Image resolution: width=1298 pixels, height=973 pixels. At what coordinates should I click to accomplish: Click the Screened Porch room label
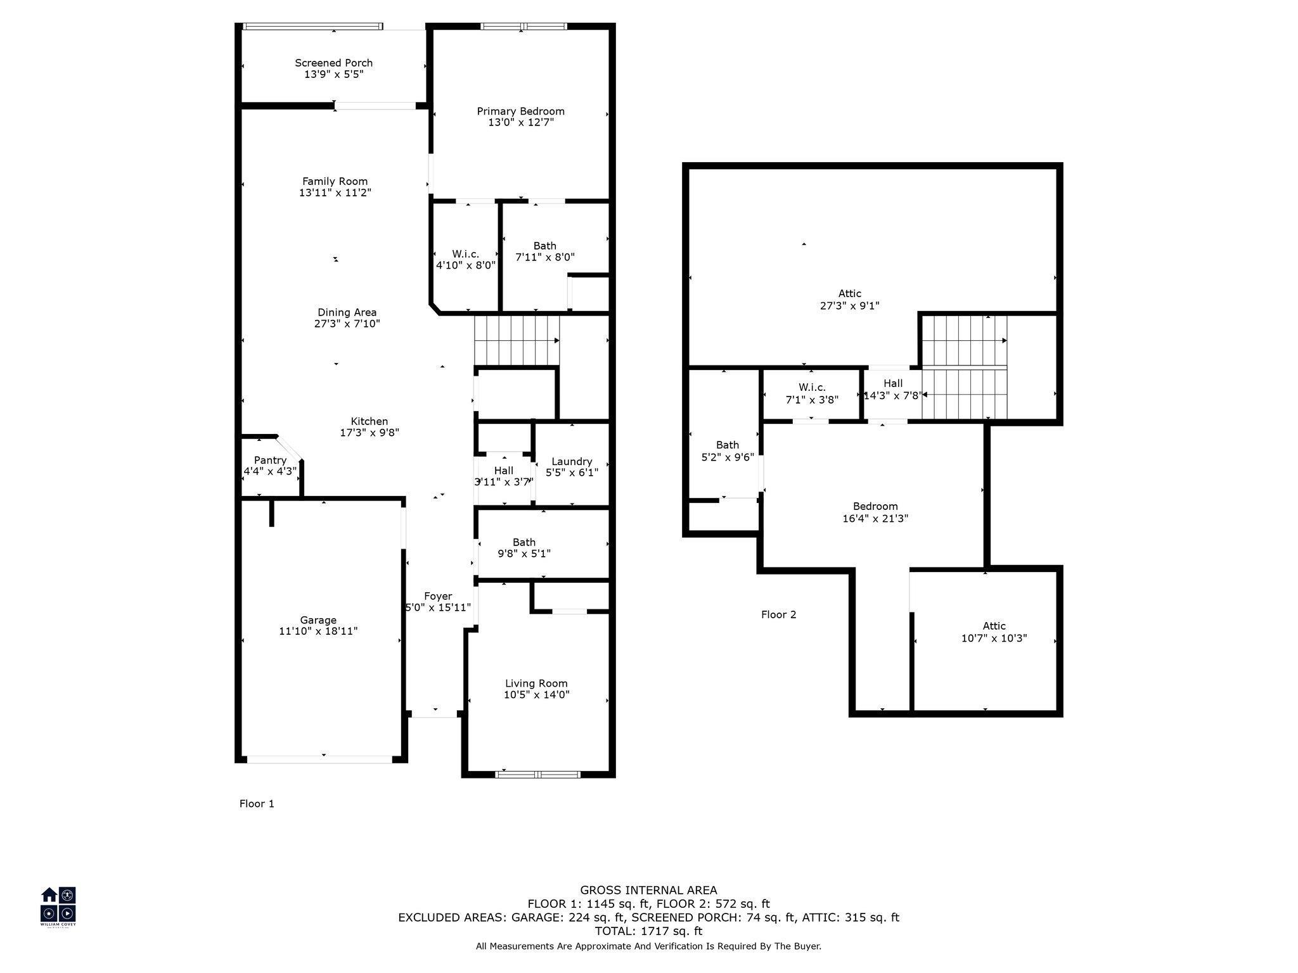click(333, 63)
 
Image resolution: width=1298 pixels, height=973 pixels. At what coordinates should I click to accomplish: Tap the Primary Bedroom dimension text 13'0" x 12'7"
click(521, 122)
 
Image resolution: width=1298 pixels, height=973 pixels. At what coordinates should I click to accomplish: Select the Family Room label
click(335, 181)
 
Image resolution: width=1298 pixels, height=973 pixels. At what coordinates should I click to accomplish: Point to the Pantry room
click(270, 466)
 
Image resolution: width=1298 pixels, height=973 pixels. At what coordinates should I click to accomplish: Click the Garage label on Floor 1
click(318, 620)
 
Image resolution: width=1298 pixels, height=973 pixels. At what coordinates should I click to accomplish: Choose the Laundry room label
click(572, 462)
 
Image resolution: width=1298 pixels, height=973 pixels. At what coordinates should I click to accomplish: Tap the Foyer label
click(438, 596)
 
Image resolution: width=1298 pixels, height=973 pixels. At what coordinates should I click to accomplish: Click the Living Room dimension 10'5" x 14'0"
click(536, 695)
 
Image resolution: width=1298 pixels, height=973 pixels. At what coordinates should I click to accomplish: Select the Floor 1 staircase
click(517, 341)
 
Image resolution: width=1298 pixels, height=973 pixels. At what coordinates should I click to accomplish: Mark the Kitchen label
click(369, 421)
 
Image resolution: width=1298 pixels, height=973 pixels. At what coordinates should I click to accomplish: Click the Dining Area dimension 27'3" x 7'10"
click(347, 324)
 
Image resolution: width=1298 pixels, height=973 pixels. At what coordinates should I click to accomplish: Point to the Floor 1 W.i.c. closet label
click(466, 254)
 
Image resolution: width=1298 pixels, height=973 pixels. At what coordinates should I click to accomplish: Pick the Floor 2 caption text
click(779, 614)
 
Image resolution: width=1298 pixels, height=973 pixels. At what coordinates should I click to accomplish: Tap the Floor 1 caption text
click(257, 804)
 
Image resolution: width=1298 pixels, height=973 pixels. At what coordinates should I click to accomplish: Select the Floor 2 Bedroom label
click(875, 506)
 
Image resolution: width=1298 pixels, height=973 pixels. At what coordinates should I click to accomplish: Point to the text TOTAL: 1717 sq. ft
click(648, 931)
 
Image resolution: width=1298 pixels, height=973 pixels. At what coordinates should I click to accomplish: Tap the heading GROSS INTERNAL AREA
click(648, 890)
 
